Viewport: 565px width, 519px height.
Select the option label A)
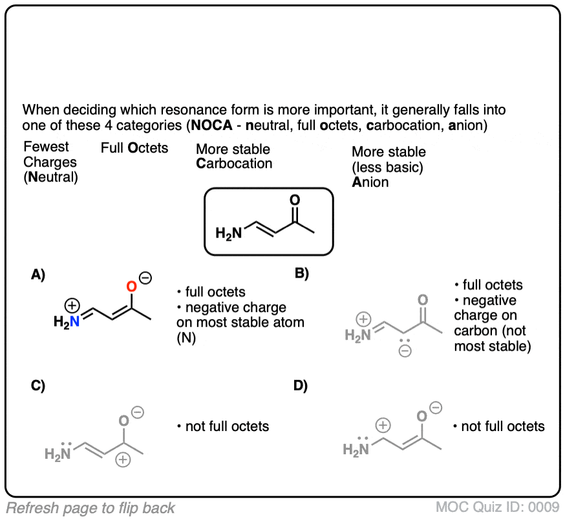[38, 274]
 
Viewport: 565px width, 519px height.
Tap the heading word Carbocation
[234, 164]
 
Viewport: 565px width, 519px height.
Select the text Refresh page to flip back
[91, 508]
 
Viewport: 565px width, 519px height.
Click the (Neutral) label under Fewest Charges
[50, 176]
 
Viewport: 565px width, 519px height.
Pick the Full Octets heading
[134, 148]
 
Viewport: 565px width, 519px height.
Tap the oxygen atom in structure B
[423, 300]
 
